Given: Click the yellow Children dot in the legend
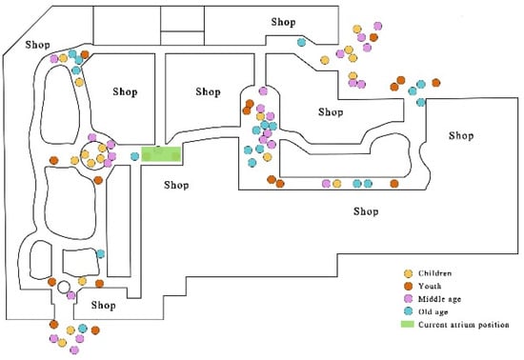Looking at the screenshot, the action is (408, 273).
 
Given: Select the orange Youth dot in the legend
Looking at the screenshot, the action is (408, 287).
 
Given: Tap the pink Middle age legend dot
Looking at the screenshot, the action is (408, 299).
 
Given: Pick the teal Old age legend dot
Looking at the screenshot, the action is (408, 311).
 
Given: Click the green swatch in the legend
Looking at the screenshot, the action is (408, 324).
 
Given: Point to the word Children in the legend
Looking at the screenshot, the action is (434, 273).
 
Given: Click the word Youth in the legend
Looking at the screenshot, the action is (430, 287).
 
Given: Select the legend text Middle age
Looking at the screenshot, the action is (439, 299).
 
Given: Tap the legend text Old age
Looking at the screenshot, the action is (433, 312).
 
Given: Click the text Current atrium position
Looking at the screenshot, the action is (464, 325).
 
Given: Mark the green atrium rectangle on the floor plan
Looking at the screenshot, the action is (161, 154).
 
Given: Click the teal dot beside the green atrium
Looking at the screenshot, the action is (134, 156).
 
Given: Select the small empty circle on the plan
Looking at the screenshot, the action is (64, 287).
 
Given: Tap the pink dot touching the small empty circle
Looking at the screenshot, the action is (71, 295).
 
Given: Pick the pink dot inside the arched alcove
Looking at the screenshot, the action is (263, 90).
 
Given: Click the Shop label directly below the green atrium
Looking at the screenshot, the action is (176, 185).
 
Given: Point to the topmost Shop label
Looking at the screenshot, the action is (283, 22).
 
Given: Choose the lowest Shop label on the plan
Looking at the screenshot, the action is (104, 305).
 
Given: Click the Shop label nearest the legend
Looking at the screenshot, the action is (366, 211).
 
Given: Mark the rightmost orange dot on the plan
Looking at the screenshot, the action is (435, 83).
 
